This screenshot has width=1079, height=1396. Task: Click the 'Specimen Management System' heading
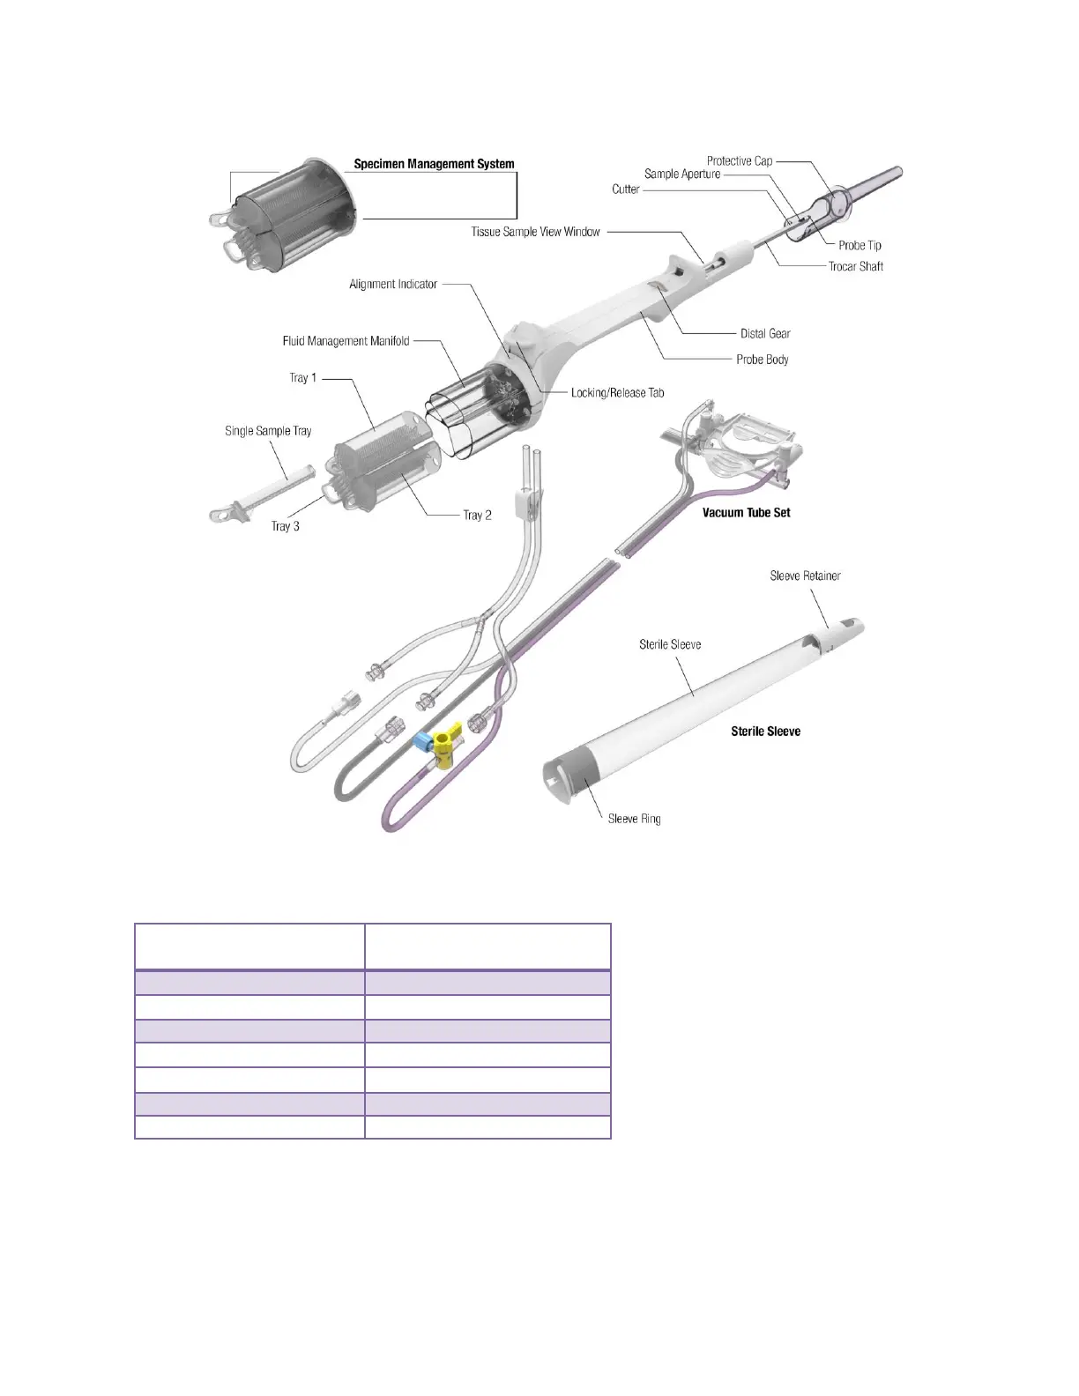pos(434,164)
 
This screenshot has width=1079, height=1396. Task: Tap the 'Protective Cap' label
pos(739,161)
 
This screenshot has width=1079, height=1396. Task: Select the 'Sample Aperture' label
pos(681,174)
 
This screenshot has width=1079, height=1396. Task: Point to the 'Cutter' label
pos(625,189)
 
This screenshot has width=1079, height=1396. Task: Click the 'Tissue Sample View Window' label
pos(535,233)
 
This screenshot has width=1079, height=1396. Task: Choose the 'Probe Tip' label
pos(859,246)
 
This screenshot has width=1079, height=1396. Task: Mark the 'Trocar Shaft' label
pos(855,266)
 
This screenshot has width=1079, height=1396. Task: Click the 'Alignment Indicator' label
pos(393,285)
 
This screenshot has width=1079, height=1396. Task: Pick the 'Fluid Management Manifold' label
pos(346,341)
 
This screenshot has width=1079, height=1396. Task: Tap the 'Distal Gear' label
pos(765,334)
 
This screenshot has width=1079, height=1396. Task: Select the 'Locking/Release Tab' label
pos(617,393)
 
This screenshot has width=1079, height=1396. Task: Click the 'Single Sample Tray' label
pos(268,432)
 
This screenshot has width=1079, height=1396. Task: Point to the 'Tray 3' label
pos(285,526)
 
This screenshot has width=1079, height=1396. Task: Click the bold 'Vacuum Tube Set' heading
pos(746,513)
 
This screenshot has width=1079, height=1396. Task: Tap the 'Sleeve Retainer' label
pos(805,576)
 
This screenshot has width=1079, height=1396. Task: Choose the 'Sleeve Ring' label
pos(634,820)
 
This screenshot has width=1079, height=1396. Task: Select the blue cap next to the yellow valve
pos(422,741)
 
